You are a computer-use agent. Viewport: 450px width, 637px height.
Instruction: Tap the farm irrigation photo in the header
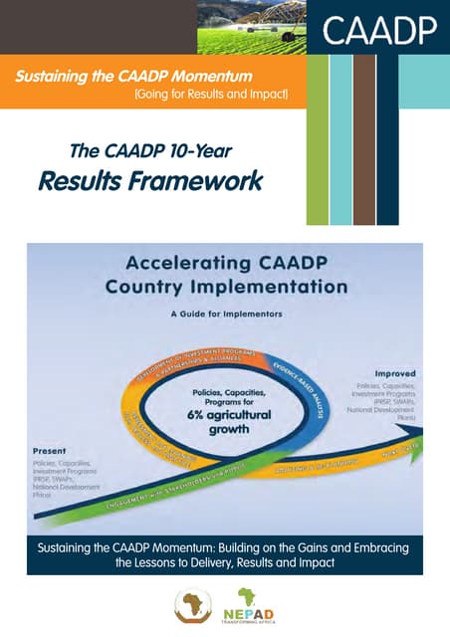(x=251, y=27)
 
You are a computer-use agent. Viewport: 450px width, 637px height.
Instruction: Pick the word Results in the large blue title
(x=79, y=181)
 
